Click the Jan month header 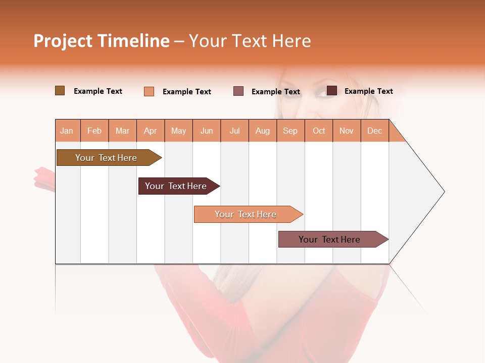67,131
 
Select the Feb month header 94,131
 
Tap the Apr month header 151,131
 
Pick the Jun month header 207,131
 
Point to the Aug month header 263,131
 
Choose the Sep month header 290,131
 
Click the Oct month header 319,131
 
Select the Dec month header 375,131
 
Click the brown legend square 60,91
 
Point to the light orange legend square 149,91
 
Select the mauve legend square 238,91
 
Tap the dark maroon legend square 332,91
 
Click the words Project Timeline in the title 102,41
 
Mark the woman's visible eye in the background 323,93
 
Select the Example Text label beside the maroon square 368,91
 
